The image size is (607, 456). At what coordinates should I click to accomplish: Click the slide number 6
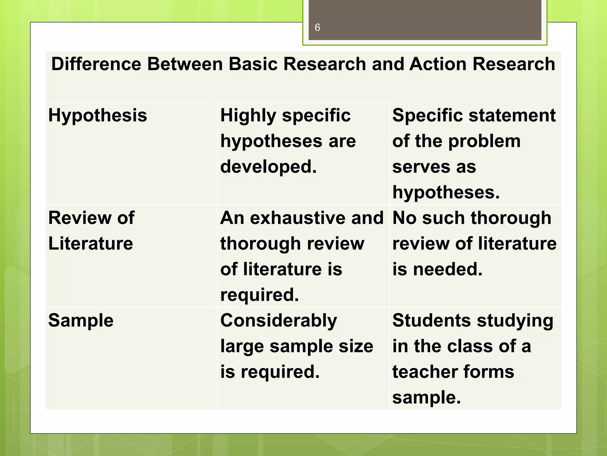tap(317, 28)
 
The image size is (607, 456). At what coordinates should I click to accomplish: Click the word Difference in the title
tap(96, 64)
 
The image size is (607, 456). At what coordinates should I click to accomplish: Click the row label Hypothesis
tap(98, 115)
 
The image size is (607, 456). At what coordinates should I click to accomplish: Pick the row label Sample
tap(81, 321)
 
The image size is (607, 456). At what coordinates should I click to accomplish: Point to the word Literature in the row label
tap(90, 244)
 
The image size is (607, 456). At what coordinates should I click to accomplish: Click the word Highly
tap(248, 115)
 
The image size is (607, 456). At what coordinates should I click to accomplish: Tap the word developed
tap(268, 167)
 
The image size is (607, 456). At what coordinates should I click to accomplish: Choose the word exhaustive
tap(298, 218)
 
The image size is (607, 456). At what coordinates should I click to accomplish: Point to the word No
tap(404, 218)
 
